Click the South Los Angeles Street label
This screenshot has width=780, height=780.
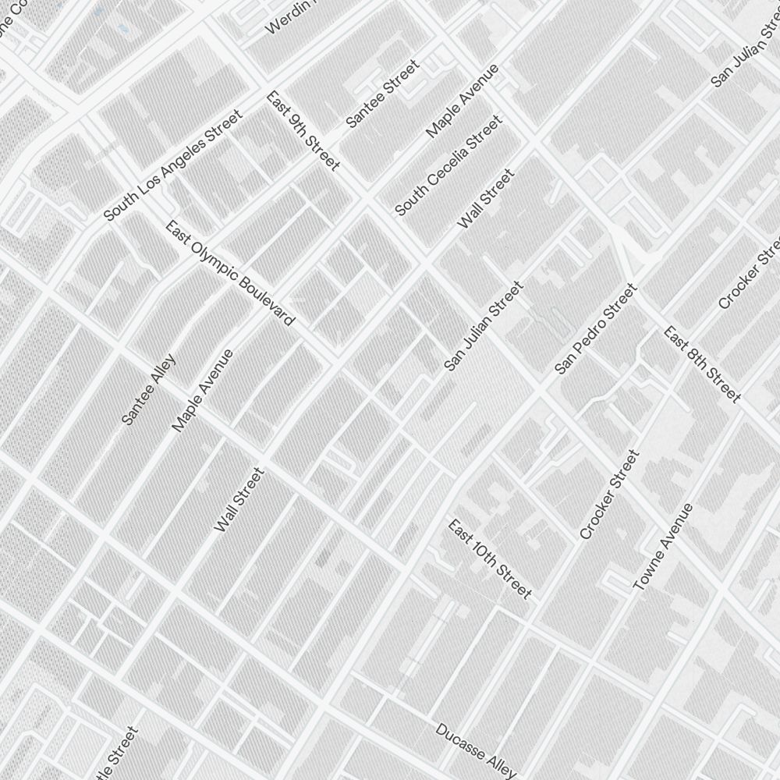(x=173, y=165)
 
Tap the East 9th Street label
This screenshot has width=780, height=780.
(x=303, y=131)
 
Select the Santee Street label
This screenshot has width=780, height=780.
(x=382, y=94)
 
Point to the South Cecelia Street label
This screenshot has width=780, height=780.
(x=448, y=166)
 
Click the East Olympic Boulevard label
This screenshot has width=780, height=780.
(x=230, y=273)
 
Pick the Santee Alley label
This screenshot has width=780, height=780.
(x=149, y=390)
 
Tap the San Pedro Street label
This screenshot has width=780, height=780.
(x=596, y=328)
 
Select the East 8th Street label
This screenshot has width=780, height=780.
(x=702, y=364)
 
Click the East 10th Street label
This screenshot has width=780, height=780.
(x=490, y=559)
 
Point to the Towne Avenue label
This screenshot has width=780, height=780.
(x=662, y=547)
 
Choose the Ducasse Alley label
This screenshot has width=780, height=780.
(x=475, y=751)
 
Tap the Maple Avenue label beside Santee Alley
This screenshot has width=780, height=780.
(x=202, y=391)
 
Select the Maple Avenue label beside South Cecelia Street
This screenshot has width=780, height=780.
(x=463, y=101)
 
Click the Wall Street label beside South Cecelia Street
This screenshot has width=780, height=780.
(x=486, y=200)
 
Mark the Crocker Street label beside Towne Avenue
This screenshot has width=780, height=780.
(x=609, y=495)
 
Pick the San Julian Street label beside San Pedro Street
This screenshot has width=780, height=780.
(x=484, y=326)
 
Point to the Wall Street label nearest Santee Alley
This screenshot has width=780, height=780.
(x=239, y=500)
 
